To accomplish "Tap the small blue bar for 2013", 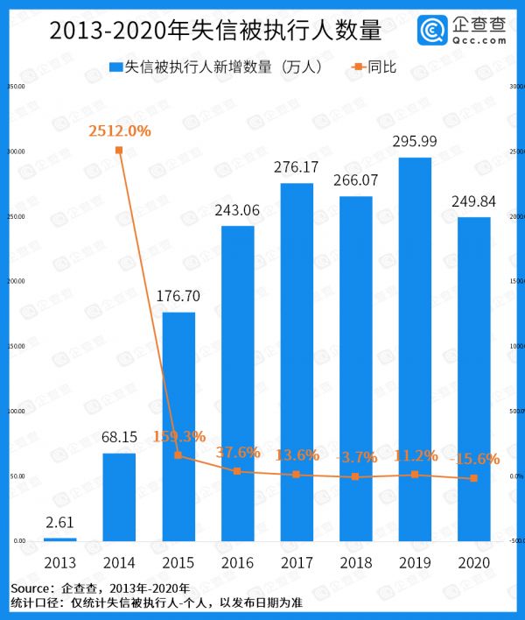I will point(59,539).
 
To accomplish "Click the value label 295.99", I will point(416,141).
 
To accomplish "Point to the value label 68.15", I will point(119,437).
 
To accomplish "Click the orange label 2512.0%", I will point(120,131).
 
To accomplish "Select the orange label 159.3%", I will point(178,436).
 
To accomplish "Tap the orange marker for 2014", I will point(119,151).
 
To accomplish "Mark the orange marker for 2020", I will point(474,478).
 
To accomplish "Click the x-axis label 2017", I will point(297,562).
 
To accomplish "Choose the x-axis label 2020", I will point(474,562).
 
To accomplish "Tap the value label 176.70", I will point(178,296).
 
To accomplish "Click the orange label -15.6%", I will point(475,458).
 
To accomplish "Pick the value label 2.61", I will point(59,522).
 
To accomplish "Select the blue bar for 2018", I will point(356,368).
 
